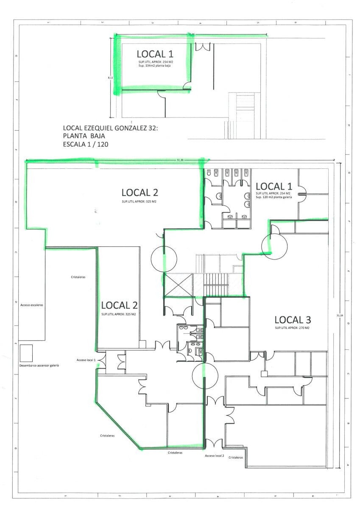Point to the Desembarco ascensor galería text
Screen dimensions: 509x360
click(x=39, y=365)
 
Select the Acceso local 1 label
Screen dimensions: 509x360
click(x=86, y=360)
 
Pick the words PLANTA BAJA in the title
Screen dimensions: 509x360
click(x=84, y=136)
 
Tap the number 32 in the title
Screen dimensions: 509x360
click(x=151, y=128)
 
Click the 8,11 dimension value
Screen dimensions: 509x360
click(x=110, y=78)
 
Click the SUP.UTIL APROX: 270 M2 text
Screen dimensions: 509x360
click(x=292, y=328)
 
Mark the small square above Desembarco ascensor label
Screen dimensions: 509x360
click(x=26, y=351)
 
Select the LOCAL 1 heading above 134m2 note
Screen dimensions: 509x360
click(x=155, y=54)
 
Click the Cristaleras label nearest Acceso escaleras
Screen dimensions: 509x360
click(x=78, y=277)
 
